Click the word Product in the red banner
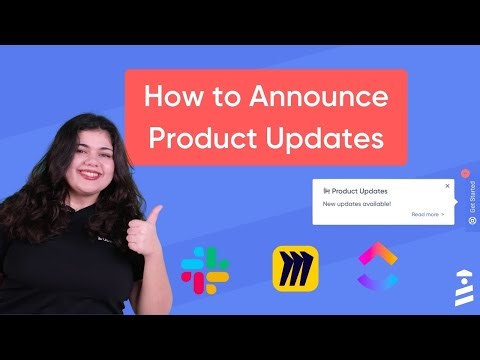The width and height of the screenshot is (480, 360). (x=204, y=138)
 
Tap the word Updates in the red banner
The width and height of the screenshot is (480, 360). (x=326, y=138)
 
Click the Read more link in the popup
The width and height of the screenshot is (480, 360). (x=427, y=214)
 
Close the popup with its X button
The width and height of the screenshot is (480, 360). (x=447, y=185)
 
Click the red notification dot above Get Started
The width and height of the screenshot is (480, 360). (x=462, y=171)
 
